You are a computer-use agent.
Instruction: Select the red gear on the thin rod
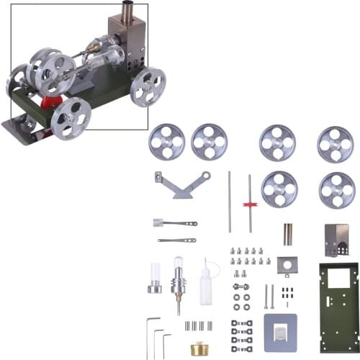(x=250, y=204)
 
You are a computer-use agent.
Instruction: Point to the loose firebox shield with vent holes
(x=336, y=241)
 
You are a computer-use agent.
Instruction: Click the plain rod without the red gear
(x=230, y=202)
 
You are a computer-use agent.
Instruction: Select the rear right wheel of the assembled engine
(x=147, y=86)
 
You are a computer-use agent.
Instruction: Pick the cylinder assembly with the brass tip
(x=177, y=282)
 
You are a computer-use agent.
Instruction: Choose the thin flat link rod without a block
(x=177, y=240)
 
